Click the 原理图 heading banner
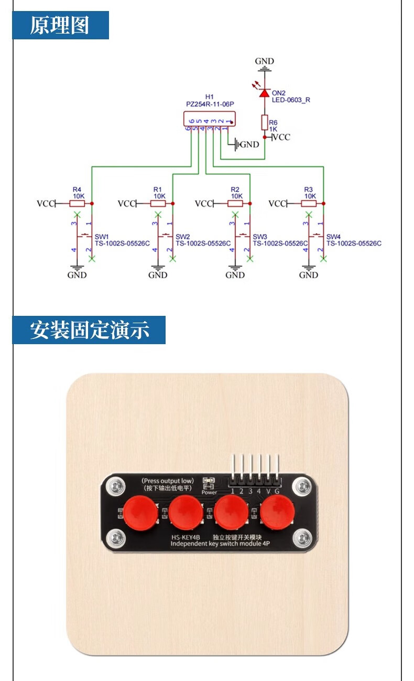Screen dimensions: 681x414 pos(60,25)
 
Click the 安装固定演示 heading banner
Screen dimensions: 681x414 pos(89,330)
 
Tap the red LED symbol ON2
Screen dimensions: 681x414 pos(265,93)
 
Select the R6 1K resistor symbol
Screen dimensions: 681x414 pos(265,122)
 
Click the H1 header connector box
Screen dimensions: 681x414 pos(209,119)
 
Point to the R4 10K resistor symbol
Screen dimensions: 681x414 pos(77,203)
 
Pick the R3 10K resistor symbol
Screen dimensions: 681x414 pos(308,203)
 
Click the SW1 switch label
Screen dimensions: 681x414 pos(102,236)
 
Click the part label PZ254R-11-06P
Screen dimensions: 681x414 pos(210,104)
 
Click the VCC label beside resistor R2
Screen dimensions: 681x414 pos(203,203)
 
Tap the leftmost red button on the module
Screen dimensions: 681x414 pos(141,512)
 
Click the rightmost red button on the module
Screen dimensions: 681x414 pos(278,512)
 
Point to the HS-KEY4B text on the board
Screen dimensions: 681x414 pos(186,537)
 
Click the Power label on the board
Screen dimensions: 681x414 pos(209,492)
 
